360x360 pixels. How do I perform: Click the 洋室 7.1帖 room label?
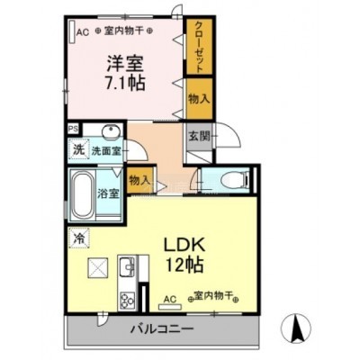125,72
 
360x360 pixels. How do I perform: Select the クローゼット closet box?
200,47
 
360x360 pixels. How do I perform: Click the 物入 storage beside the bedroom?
200,99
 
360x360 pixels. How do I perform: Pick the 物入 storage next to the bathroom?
139,180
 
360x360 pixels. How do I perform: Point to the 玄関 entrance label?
199,137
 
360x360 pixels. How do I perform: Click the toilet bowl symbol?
234,180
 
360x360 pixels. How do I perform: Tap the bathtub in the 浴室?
82,195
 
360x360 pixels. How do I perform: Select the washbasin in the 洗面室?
112,131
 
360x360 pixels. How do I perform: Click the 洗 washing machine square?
78,149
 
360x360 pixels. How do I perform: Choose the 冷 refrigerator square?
79,238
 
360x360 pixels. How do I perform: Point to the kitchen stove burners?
128,300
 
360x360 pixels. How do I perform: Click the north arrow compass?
296,328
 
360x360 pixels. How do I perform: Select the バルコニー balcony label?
162,329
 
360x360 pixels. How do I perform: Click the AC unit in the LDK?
170,307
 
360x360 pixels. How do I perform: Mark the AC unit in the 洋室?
72,31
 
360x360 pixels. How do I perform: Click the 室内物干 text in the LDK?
213,297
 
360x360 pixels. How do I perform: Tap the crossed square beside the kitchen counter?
97,268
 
